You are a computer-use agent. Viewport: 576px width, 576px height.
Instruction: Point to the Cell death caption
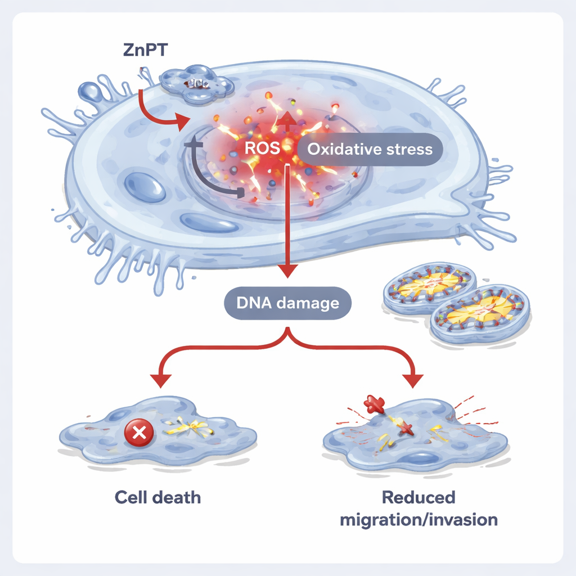click(x=157, y=497)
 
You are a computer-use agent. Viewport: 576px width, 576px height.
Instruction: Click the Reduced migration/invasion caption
click(x=418, y=508)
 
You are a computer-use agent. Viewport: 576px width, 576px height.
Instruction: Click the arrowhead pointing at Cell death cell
click(x=161, y=381)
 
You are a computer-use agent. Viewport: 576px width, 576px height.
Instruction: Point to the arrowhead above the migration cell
click(x=415, y=381)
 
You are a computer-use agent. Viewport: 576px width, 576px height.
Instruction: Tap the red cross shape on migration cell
click(x=375, y=403)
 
